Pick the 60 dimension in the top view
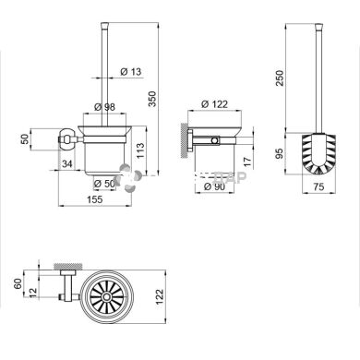pyautogui.click(x=18, y=282)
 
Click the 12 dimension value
pyautogui.click(x=34, y=293)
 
